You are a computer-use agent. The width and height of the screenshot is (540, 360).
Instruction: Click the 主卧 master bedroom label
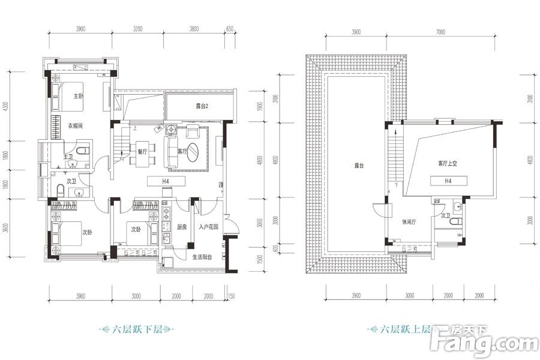(x=78, y=96)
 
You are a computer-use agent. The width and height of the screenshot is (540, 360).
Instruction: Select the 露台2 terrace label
(x=202, y=106)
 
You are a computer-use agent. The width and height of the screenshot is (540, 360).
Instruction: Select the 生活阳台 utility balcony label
(x=203, y=257)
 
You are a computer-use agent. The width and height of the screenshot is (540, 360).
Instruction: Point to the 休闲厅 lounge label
(x=410, y=221)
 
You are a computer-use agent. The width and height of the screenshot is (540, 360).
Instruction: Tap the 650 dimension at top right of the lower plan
(x=229, y=29)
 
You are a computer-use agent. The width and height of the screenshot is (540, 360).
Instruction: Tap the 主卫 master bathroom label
(x=68, y=157)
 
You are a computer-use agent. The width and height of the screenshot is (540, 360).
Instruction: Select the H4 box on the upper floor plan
(x=448, y=181)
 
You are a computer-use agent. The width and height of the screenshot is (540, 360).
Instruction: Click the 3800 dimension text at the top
(x=194, y=29)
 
